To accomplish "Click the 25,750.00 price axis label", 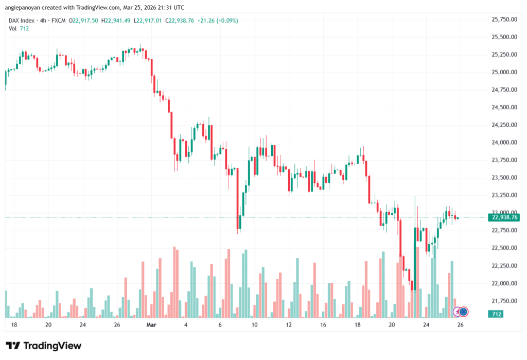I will [x=504, y=20].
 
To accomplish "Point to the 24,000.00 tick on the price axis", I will [x=504, y=143].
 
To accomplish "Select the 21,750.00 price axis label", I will [x=504, y=301].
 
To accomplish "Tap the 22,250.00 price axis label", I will [x=504, y=266].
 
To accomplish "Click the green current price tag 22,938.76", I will [x=505, y=217].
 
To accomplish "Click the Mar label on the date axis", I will [x=151, y=325].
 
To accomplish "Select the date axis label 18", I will [x=13, y=325].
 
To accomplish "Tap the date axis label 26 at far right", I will [x=461, y=325].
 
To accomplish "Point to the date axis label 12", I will [x=289, y=325].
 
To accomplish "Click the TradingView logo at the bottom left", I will [x=43, y=346].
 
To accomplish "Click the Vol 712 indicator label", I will [x=19, y=28].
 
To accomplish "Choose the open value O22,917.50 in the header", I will [x=85, y=21].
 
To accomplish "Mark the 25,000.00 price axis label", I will [x=504, y=73].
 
